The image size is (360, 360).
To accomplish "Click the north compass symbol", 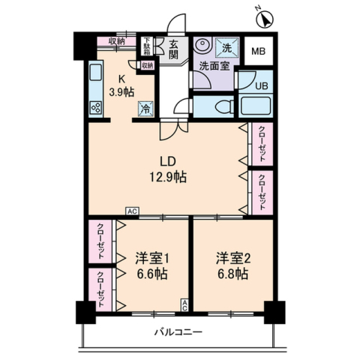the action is (265, 19).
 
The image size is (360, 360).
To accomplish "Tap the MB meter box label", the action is (258, 51).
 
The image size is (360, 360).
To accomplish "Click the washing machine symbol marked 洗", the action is (227, 48).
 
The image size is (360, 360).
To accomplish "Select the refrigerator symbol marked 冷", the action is (145, 109).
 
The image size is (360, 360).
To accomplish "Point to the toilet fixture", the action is (224, 106).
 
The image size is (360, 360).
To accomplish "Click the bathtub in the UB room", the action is (256, 106).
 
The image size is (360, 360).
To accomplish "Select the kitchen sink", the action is (96, 72).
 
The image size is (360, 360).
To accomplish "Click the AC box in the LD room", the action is (132, 211).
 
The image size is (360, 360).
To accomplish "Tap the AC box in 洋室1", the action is (184, 305).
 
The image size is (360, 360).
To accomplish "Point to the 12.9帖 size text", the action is (168, 177).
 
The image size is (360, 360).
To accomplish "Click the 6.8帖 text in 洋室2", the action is (232, 274).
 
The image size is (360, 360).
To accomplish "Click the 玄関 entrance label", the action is (172, 49).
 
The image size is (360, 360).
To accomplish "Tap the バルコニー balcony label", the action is (178, 332).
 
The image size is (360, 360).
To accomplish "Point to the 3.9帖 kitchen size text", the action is (121, 92).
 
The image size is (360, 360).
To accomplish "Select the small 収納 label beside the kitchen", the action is (148, 65).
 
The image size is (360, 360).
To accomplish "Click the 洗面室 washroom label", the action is (214, 66).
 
